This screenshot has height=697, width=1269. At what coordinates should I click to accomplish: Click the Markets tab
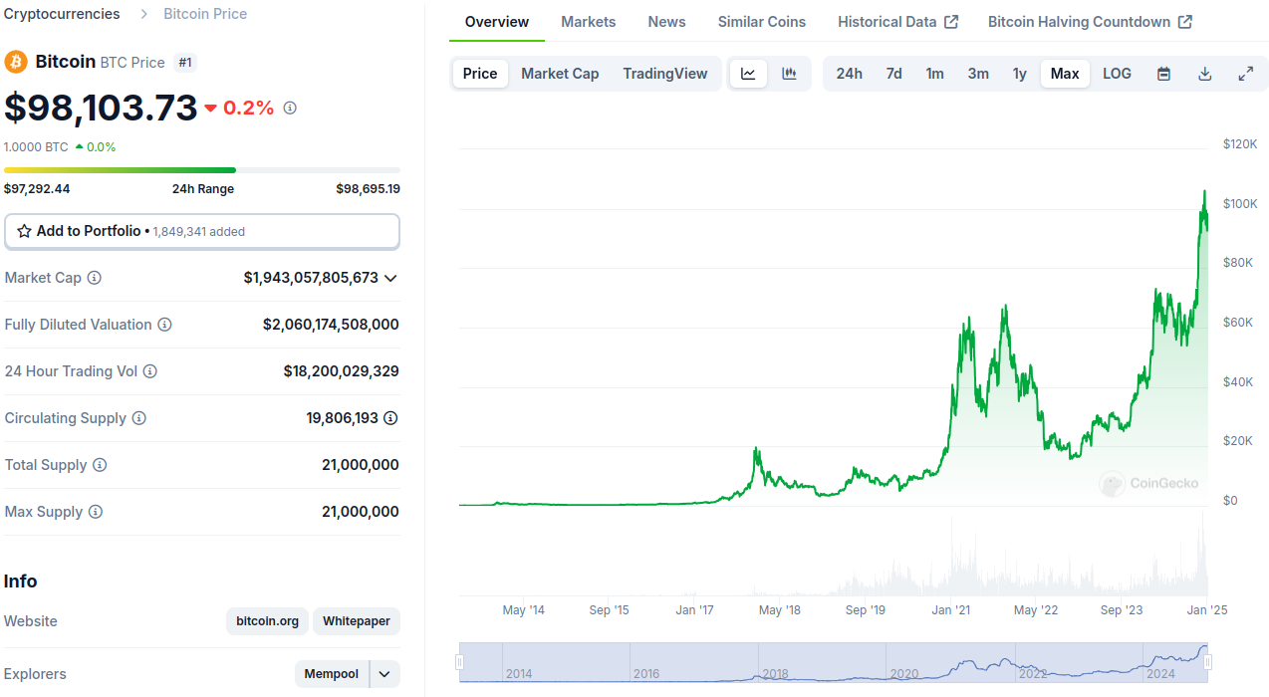[x=588, y=22]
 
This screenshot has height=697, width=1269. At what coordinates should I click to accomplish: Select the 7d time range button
[x=893, y=74]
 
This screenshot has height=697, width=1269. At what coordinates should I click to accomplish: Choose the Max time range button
[x=1065, y=74]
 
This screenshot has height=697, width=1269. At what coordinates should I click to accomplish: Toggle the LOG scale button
[x=1117, y=74]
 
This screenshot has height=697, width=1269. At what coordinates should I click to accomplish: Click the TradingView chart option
[x=664, y=74]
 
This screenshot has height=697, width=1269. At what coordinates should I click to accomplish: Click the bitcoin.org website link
[x=267, y=621]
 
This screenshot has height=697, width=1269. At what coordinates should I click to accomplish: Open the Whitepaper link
[x=357, y=621]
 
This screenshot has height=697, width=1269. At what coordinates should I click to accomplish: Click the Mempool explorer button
[x=332, y=674]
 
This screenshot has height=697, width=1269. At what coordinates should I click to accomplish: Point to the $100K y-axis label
[x=1239, y=204]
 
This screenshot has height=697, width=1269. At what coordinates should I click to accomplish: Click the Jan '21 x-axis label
[x=950, y=610]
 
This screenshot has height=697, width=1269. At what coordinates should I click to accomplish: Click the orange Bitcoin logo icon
[x=16, y=62]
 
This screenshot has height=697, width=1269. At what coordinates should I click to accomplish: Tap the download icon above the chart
[x=1204, y=74]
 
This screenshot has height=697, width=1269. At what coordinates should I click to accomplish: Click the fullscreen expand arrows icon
[x=1245, y=74]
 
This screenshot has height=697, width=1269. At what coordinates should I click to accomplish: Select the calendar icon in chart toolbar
[x=1163, y=74]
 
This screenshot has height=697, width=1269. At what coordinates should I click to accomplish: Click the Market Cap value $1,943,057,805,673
[x=311, y=278]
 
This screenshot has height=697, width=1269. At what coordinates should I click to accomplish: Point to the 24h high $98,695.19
[x=368, y=189]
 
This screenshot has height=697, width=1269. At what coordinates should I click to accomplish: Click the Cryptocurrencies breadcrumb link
[x=62, y=14]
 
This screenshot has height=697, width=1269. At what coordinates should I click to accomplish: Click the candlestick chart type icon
[x=789, y=74]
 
